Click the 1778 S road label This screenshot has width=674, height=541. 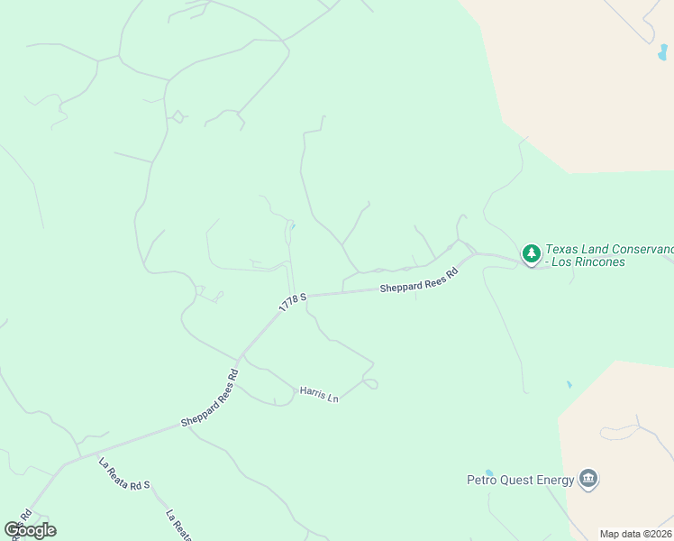click(293, 301)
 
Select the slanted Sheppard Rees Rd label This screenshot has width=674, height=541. click(209, 397)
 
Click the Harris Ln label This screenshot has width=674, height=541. click(319, 394)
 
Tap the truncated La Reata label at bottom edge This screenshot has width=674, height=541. click(178, 526)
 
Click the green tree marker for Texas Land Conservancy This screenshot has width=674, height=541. click(532, 254)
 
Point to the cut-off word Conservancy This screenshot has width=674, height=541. click(649, 250)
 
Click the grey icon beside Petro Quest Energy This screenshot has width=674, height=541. click(588, 478)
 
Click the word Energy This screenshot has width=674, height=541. click(556, 480)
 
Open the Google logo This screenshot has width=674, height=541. click(30, 529)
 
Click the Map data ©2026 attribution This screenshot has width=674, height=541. click(635, 534)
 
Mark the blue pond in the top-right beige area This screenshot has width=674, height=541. click(663, 51)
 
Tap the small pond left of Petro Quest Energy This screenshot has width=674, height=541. click(488, 472)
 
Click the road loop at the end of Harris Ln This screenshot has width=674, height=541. click(370, 383)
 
